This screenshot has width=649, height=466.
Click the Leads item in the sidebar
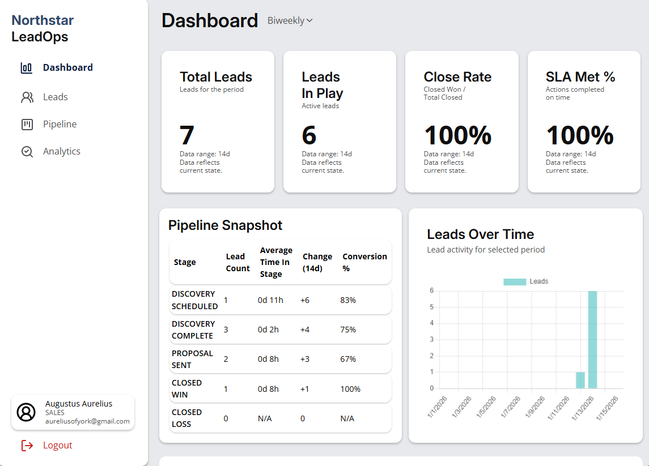[55, 97]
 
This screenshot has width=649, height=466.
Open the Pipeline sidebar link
[60, 124]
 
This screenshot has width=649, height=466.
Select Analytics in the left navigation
[61, 151]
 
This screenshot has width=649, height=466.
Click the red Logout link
[57, 445]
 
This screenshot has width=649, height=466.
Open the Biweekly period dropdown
[290, 21]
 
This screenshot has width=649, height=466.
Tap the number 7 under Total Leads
[187, 135]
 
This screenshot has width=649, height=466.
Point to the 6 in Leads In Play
[309, 135]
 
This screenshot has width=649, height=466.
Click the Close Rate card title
[457, 77]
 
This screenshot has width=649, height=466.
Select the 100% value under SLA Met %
[579, 135]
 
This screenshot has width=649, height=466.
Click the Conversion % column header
[364, 262]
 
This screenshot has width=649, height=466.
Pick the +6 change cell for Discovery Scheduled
[305, 300]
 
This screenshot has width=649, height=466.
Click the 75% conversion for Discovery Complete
[348, 330]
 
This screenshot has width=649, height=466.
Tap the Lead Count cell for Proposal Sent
[226, 359]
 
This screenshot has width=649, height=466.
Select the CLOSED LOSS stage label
[186, 418]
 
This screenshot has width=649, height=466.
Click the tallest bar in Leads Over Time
[592, 340]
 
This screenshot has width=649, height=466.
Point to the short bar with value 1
[580, 380]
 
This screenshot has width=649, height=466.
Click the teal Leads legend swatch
[515, 281]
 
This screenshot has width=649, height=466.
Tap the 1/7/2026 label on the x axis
[510, 407]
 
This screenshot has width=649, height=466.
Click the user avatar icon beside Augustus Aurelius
[26, 412]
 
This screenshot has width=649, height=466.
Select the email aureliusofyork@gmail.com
[87, 421]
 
